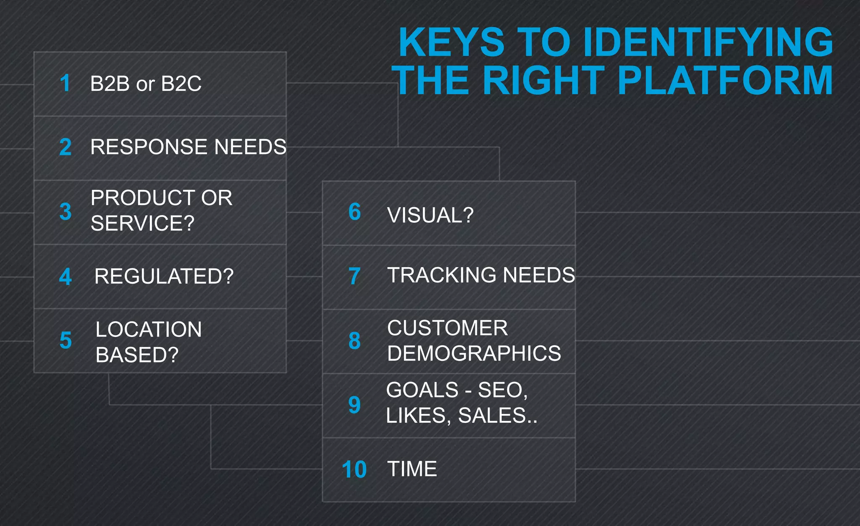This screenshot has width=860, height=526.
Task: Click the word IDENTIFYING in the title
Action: point(708,42)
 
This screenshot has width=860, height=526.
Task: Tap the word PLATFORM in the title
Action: point(725,81)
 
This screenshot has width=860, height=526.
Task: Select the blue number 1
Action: point(65,83)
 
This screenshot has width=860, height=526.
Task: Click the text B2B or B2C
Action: point(146,84)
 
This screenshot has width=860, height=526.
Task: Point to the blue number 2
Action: point(66,147)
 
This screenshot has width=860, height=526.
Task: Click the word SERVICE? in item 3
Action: point(142,223)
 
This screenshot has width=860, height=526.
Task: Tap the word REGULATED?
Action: point(164,276)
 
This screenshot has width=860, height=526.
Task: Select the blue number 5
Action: point(66,340)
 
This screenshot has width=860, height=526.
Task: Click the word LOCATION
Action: point(149,329)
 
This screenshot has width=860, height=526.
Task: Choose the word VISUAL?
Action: point(430,215)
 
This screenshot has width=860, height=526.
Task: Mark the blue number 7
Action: point(354,276)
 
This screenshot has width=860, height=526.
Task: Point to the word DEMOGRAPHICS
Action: point(474,353)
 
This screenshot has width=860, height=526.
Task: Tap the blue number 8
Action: point(354,341)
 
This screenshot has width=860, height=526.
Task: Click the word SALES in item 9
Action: point(492,416)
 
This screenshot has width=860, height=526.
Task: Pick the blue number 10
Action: point(354,470)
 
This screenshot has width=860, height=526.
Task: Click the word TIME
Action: point(412,469)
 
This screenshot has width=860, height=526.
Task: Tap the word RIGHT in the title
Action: point(543,81)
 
